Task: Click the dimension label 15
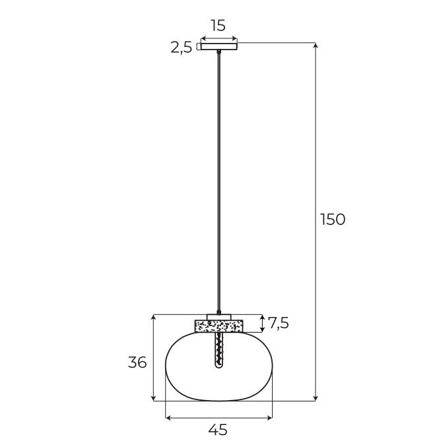[x=219, y=25]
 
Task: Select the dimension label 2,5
[x=182, y=48]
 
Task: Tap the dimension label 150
[x=333, y=219]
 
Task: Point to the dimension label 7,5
[x=279, y=323]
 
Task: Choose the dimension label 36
[x=137, y=362]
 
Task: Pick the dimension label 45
[x=218, y=429]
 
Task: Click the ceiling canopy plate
[x=219, y=46]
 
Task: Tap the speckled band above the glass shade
[x=219, y=326]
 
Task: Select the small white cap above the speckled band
[x=219, y=317]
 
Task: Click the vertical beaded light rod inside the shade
[x=219, y=350]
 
